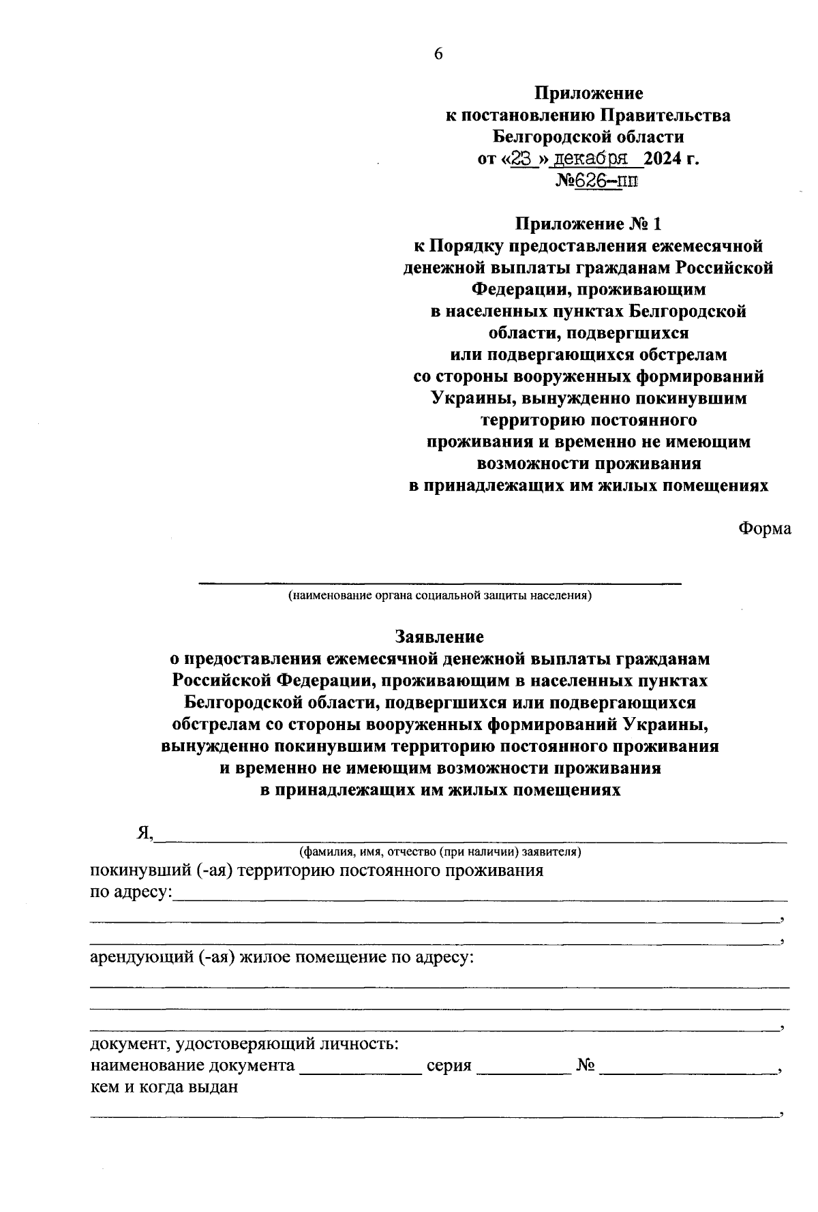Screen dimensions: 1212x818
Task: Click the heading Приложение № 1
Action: pyautogui.click(x=588, y=224)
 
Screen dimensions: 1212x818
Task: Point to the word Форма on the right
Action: pyautogui.click(x=765, y=528)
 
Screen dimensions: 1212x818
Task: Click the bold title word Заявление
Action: pyautogui.click(x=440, y=637)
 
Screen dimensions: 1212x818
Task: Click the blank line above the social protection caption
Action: pyautogui.click(x=440, y=581)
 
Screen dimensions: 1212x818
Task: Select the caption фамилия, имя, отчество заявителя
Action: pyautogui.click(x=440, y=851)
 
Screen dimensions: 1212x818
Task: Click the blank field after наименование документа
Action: pyautogui.click(x=361, y=1066)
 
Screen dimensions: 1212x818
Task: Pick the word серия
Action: pyautogui.click(x=449, y=1066)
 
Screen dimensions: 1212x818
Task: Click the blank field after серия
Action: pyautogui.click(x=524, y=1066)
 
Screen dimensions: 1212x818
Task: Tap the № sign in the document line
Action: pyautogui.click(x=586, y=1065)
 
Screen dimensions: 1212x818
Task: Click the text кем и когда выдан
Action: pyautogui.click(x=164, y=1087)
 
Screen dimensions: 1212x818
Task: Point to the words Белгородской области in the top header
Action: pyautogui.click(x=588, y=137)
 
